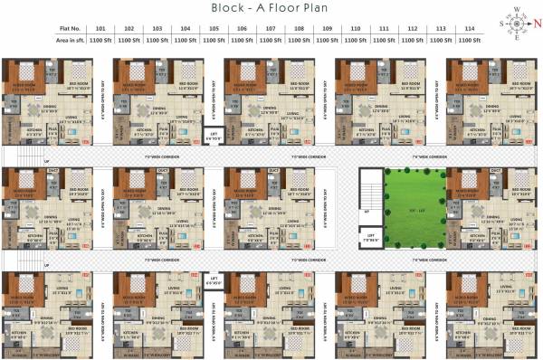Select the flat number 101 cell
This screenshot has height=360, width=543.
[101, 30]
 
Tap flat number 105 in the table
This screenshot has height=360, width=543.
[214, 30]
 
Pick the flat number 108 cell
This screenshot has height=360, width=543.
[298, 30]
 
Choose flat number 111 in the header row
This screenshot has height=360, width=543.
[383, 30]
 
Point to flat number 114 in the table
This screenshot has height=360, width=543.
[468, 30]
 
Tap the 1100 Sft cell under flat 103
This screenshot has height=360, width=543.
[157, 42]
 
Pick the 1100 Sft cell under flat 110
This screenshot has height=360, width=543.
[355, 42]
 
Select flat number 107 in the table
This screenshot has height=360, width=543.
[270, 30]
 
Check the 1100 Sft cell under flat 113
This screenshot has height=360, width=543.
[440, 42]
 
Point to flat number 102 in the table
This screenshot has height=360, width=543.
[129, 30]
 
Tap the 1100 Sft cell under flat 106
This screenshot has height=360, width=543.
[242, 42]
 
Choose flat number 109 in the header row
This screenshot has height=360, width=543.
[327, 30]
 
